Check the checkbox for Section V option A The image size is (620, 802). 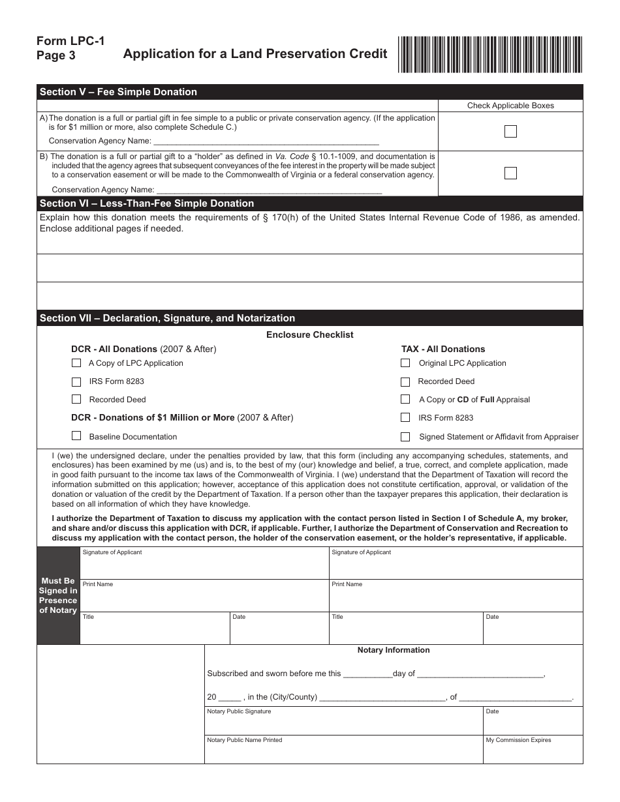[x=510, y=132]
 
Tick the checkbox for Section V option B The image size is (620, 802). [x=510, y=173]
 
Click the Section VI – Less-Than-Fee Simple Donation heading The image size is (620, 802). [x=147, y=203]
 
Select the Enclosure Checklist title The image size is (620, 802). [x=309, y=334]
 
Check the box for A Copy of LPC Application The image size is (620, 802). [x=76, y=363]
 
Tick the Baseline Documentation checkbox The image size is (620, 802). [x=76, y=436]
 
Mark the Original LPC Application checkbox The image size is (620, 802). [x=405, y=363]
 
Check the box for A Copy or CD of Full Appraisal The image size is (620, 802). [x=405, y=399]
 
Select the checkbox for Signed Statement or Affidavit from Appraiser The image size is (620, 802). [x=405, y=436]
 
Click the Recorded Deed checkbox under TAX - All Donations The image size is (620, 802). [x=405, y=381]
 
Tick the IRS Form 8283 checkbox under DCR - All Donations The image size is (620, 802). [x=76, y=381]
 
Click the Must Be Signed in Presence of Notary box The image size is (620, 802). [x=58, y=595]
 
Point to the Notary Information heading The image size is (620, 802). [x=394, y=650]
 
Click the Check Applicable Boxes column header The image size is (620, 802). [x=510, y=106]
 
